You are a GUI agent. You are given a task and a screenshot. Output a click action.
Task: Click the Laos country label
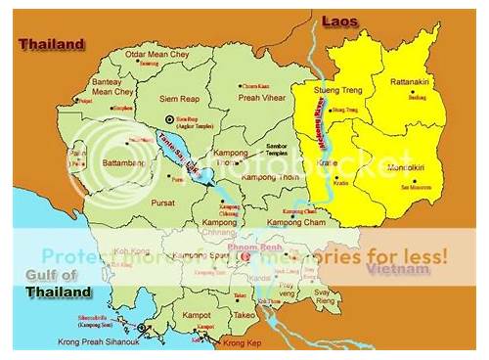pos(341,20)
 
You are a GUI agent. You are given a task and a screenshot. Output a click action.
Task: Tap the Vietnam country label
pos(388,267)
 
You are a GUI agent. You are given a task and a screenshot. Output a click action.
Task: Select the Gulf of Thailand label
pos(59,284)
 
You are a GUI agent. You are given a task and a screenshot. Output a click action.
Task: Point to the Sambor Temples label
pos(284,151)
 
